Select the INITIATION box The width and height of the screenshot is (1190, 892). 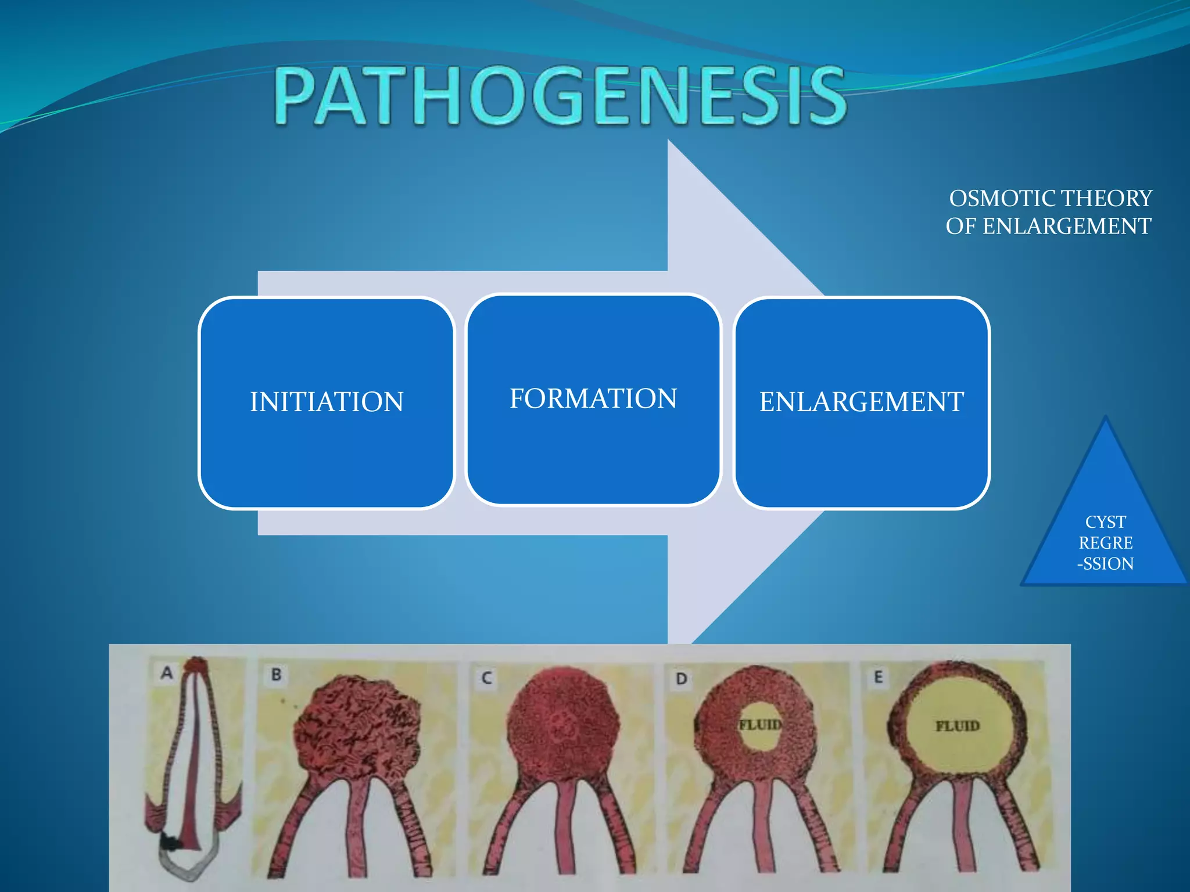coord(326,402)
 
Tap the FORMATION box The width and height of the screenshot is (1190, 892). coord(593,400)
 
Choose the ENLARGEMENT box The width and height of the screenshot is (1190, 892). coord(861,402)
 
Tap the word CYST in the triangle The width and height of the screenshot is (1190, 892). coord(1105,522)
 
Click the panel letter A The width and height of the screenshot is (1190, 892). coord(167,672)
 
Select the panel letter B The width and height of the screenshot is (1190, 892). coord(276,675)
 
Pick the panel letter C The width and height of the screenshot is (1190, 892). coord(486,678)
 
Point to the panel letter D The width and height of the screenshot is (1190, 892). coord(681,678)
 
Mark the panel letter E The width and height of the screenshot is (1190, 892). coord(878,677)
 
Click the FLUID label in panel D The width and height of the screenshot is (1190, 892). coord(759,725)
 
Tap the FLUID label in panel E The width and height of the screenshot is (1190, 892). coord(957,726)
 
